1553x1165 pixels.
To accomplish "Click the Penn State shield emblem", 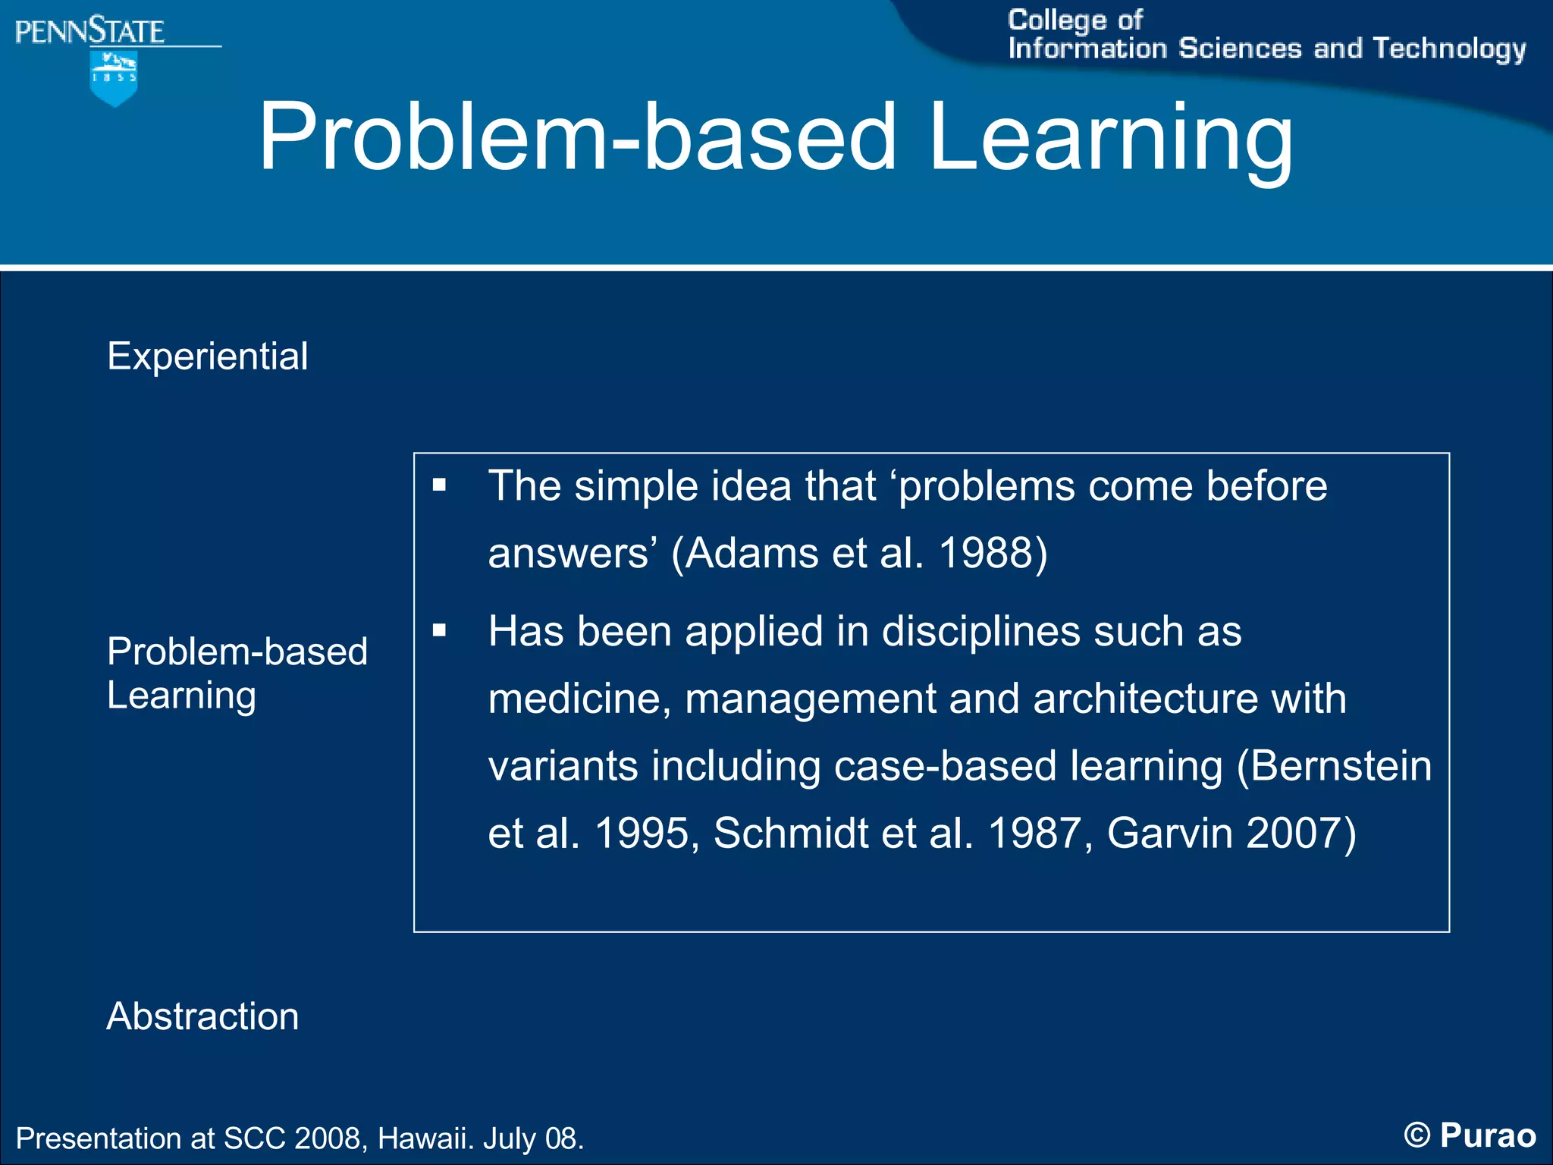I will click(x=114, y=77).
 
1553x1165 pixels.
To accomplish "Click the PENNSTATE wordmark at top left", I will click(x=89, y=32).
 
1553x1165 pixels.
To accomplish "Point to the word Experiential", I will click(x=207, y=356).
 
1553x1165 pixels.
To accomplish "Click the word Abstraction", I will click(x=202, y=1016).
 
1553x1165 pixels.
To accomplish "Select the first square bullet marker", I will click(x=439, y=485).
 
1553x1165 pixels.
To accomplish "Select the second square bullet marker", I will click(x=439, y=630).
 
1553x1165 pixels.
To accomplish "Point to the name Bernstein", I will click(x=1341, y=766).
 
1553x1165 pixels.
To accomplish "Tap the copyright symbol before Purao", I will click(x=1417, y=1136).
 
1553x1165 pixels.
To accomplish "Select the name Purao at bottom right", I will click(x=1488, y=1136).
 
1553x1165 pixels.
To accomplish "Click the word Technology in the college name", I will click(x=1449, y=49).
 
